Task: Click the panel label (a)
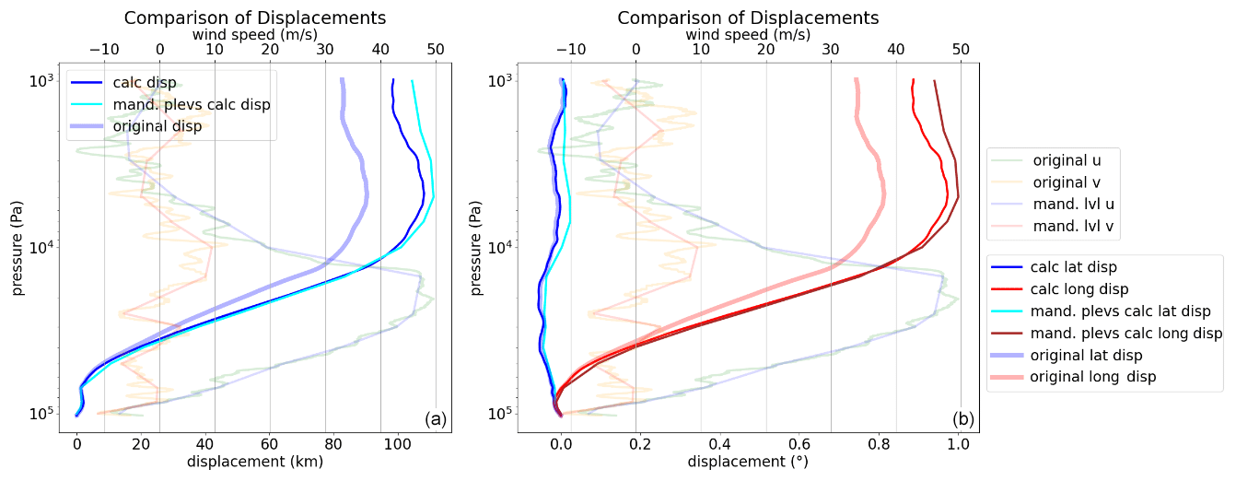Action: [436, 419]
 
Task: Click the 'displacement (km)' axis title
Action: [254, 462]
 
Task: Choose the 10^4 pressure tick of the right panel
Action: [499, 247]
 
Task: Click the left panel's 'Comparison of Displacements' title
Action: [255, 18]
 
